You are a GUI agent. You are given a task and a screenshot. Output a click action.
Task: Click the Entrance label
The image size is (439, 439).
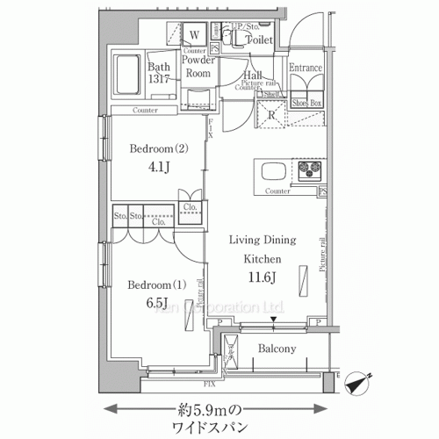pyautogui.click(x=306, y=68)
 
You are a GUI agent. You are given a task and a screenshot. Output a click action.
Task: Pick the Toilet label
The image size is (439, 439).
pyautogui.click(x=258, y=40)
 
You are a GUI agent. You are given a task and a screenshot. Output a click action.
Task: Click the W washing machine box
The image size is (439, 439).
pyautogui.click(x=195, y=35)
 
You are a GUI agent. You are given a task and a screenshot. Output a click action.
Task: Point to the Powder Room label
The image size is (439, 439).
pyautogui.click(x=199, y=68)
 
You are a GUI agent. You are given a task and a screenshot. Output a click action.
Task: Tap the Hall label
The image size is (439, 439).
pyautogui.click(x=254, y=76)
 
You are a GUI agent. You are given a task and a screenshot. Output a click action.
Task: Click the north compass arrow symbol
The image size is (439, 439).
pyautogui.click(x=359, y=384)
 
